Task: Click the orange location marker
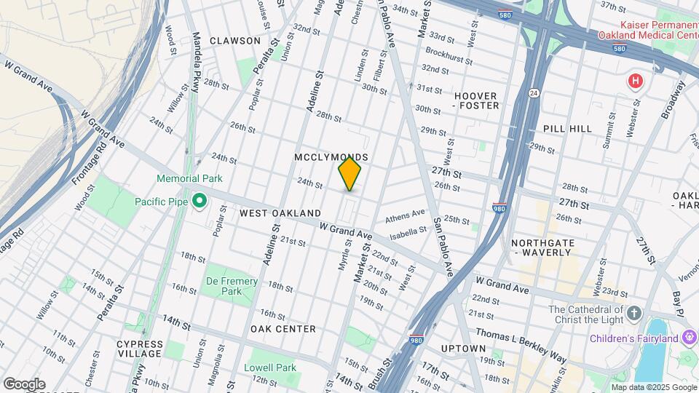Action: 349,173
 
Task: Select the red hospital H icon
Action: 636,81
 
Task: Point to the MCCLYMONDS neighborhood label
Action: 331,157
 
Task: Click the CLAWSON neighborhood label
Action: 235,41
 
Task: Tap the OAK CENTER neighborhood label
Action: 283,329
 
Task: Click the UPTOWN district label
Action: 462,349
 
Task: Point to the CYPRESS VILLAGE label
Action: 139,348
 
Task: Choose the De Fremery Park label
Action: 232,286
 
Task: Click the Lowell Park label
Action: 270,368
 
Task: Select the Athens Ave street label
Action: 405,215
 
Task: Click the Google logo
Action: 24,384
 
